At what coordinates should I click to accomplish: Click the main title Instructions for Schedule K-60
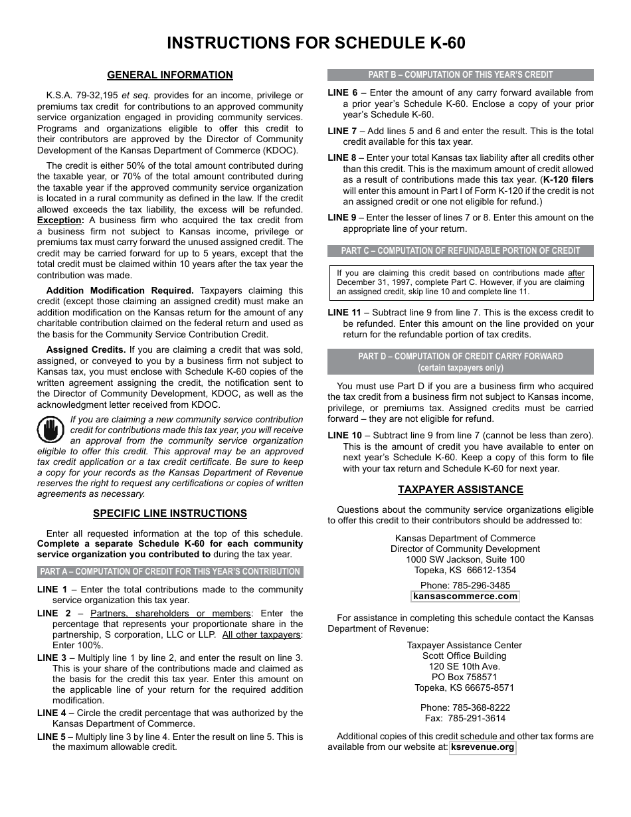[315, 43]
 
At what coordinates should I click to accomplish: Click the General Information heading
[170, 75]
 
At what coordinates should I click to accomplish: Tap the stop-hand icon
[50, 430]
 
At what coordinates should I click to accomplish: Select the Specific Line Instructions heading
[170, 513]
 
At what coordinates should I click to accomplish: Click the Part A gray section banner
[170, 571]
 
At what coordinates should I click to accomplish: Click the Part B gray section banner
[460, 75]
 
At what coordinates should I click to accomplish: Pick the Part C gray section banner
[460, 251]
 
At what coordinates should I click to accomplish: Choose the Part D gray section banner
[460, 361]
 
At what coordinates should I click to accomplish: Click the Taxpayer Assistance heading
[460, 490]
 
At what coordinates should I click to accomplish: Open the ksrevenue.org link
[482, 747]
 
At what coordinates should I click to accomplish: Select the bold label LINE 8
[342, 157]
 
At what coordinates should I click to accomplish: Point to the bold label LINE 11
[344, 312]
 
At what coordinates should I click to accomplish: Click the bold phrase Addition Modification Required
[120, 290]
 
